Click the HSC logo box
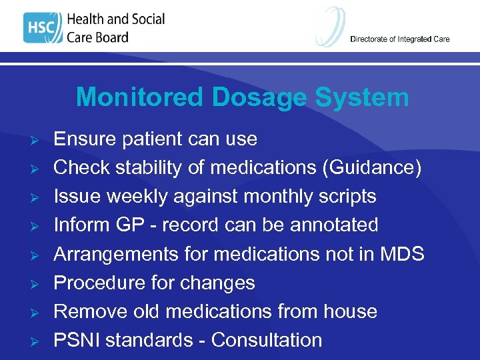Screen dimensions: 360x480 tap(42, 29)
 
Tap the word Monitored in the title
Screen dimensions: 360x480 tap(139, 97)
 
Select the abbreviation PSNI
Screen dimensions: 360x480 tap(77, 340)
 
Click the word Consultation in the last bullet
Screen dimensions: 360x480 tap(267, 340)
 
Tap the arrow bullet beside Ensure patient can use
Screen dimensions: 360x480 tap(38, 139)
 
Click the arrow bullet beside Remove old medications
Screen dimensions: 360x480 tap(38, 311)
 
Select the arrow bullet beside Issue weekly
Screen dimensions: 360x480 tap(38, 197)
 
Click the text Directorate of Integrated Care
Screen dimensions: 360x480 tap(400, 39)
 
